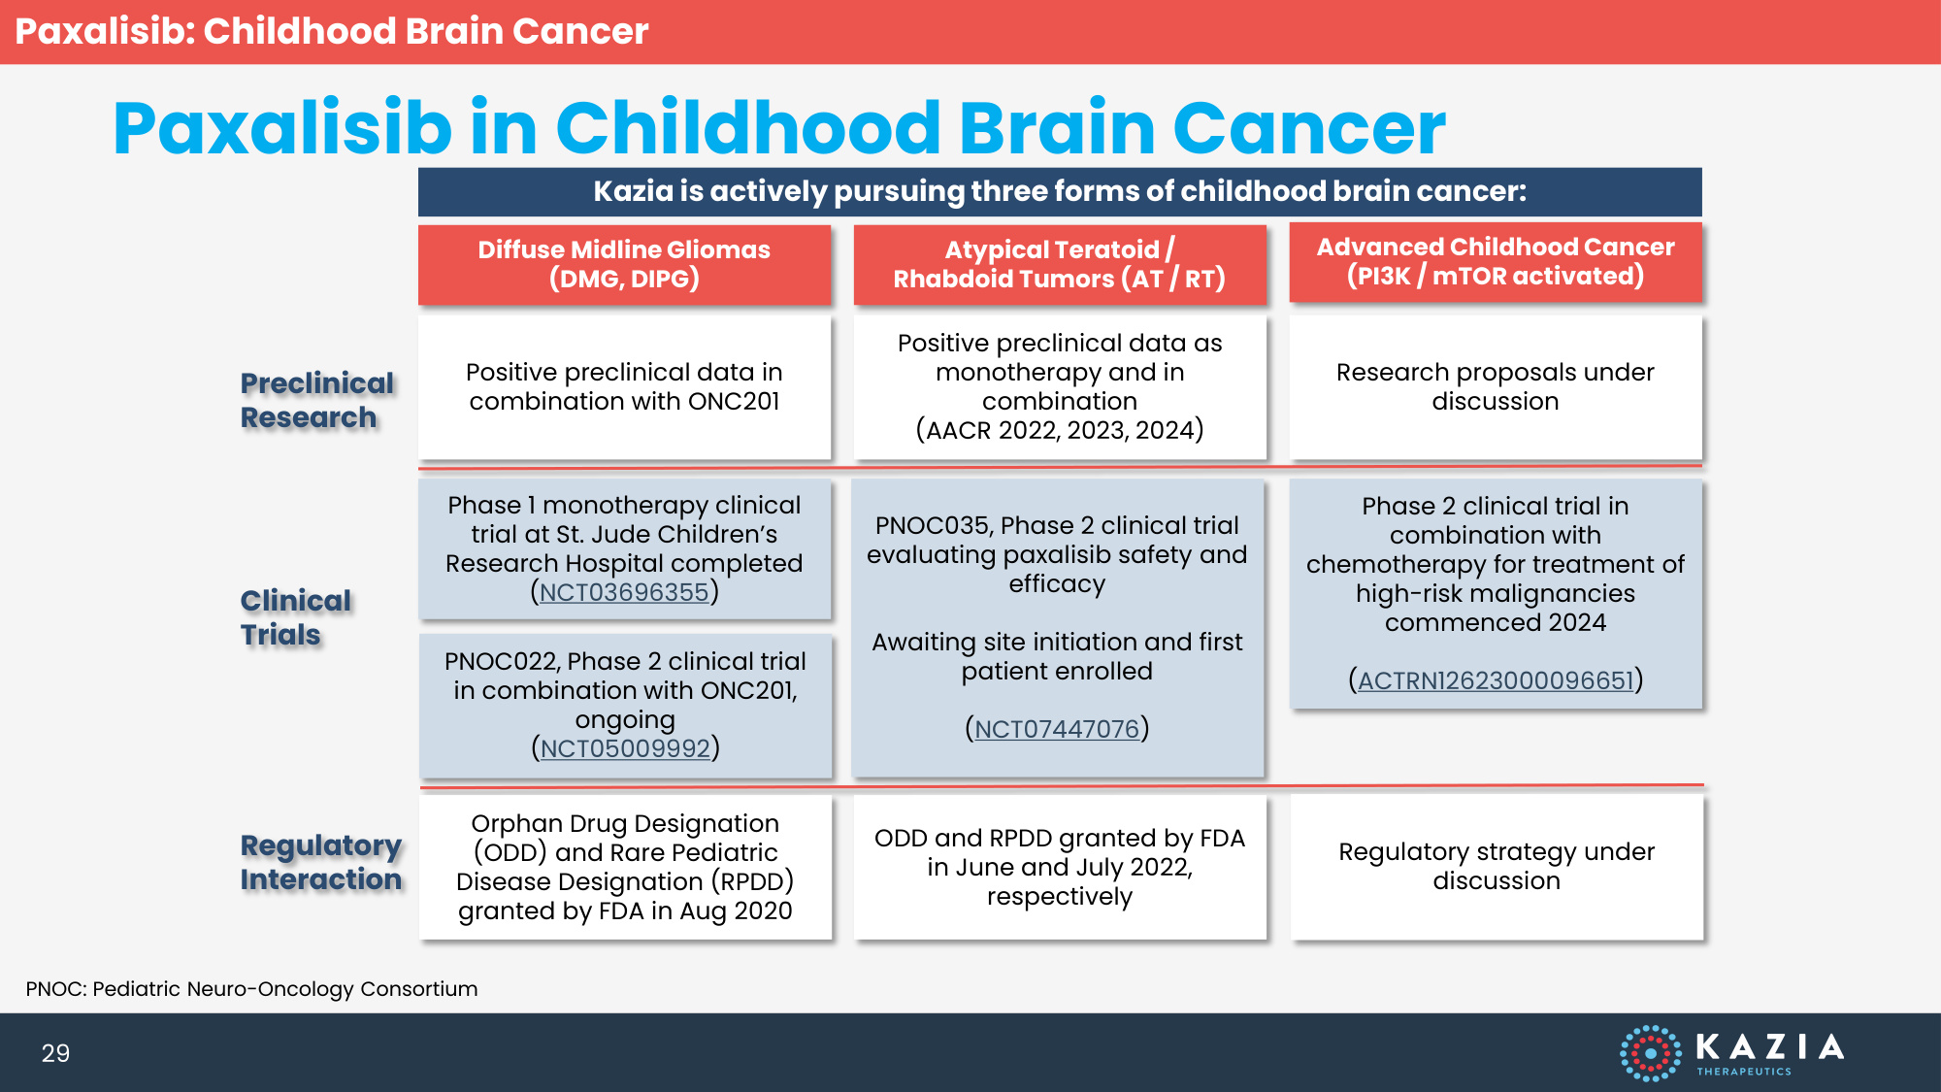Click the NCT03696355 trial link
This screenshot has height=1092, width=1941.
tap(624, 592)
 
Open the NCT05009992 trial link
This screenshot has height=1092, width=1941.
tap(625, 748)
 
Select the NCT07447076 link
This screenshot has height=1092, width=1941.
tap(1057, 729)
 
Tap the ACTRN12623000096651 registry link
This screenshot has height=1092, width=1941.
tap(1496, 680)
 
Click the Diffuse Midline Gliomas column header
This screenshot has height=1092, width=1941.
tap(624, 264)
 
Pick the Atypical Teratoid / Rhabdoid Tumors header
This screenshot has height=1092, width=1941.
tap(1060, 264)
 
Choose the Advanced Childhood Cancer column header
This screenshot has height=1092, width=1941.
tap(1496, 262)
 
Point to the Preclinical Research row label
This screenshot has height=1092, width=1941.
tap(317, 400)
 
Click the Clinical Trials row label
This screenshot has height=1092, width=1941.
tap(296, 617)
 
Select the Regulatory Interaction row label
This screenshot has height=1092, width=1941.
tap(321, 862)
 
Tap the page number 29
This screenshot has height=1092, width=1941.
tap(55, 1053)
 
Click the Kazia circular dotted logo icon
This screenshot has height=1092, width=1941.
tap(1650, 1053)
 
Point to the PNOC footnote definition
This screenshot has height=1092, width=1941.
tap(251, 989)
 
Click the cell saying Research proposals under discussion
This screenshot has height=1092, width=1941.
tap(1496, 386)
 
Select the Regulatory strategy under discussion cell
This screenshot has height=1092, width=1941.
tap(1497, 867)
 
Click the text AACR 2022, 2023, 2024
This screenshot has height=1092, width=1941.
tap(1060, 430)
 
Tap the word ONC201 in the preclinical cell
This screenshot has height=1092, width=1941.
tap(734, 401)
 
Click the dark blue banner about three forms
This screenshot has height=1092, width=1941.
tap(1060, 191)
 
